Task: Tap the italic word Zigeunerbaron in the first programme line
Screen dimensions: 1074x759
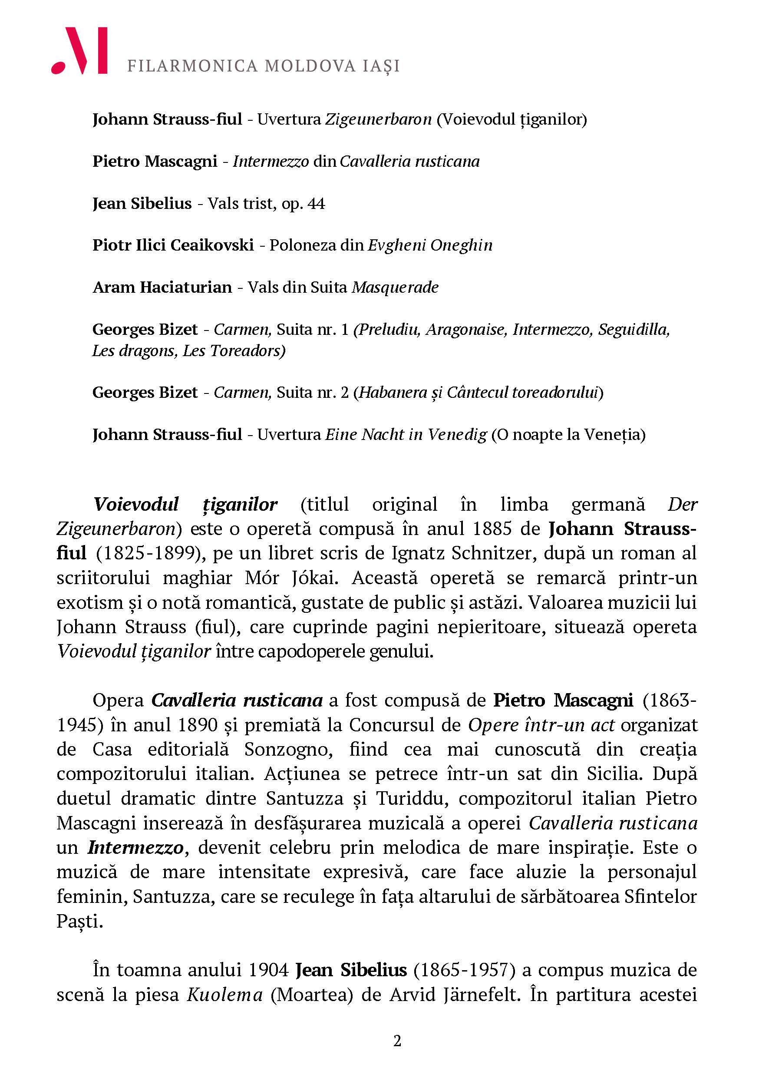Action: (378, 120)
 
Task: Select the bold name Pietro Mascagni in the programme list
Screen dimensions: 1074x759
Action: (155, 162)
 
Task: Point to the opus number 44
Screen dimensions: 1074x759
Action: (317, 204)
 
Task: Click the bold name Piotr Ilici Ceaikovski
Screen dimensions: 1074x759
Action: (173, 245)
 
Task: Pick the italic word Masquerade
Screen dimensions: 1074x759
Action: (395, 287)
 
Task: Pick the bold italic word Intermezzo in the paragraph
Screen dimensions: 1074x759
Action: (135, 847)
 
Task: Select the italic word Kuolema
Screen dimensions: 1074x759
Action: (224, 994)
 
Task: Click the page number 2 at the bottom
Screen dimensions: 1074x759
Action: (397, 1041)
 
